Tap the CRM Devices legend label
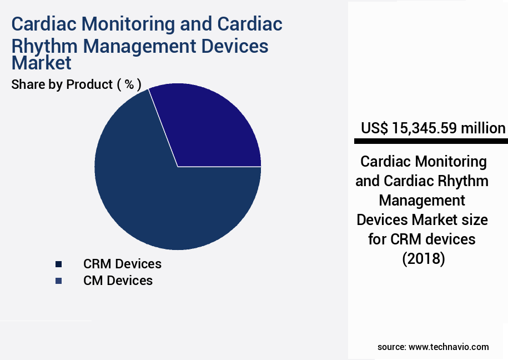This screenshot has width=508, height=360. point(122,263)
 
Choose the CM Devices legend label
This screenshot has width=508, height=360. point(118,281)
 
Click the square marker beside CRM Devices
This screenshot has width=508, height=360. point(58,264)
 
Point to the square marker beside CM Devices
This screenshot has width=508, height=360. point(58,281)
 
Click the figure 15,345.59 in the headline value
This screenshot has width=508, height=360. point(425,128)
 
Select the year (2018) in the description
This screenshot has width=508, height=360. point(423,258)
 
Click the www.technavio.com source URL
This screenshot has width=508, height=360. point(449,347)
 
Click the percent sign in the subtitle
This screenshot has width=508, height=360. point(129,84)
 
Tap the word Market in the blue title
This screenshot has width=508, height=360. point(42,63)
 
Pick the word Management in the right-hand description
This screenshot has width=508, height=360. point(422,200)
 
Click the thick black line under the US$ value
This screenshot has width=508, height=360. point(431,141)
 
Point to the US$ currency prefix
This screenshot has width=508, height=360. point(375,128)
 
